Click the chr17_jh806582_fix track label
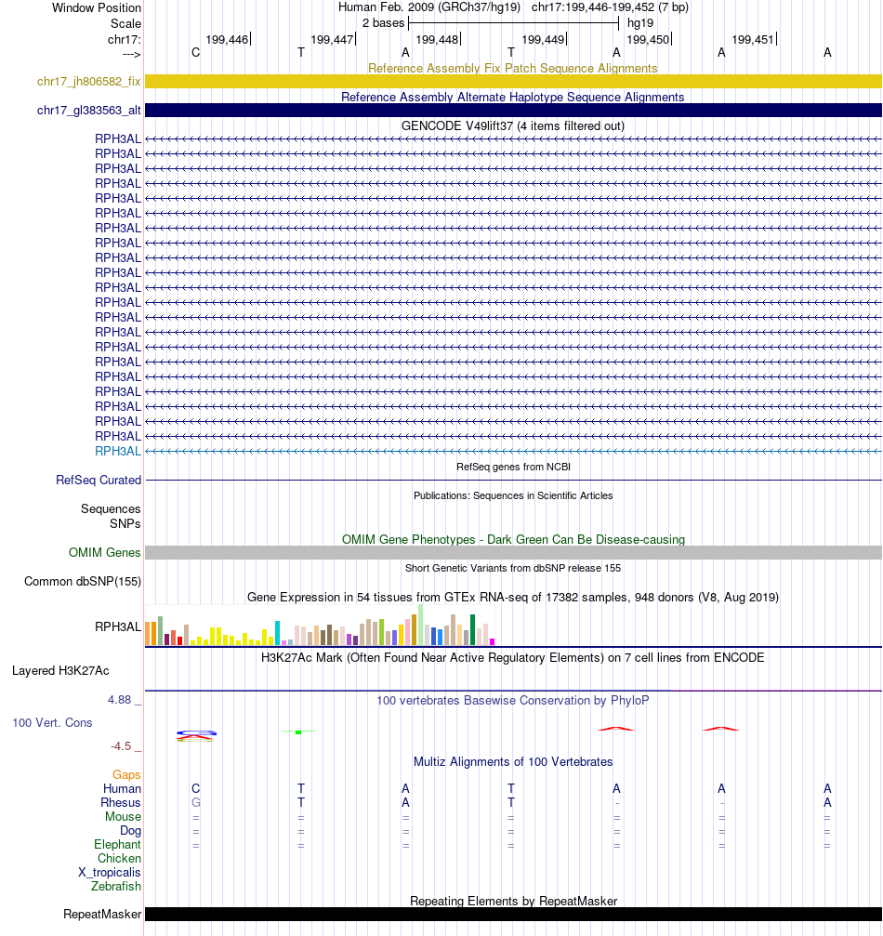89,82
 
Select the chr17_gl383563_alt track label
89,111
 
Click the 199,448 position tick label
437,39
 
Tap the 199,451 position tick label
753,39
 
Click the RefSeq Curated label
99,481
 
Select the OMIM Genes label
105,553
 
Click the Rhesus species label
121,803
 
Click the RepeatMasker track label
102,915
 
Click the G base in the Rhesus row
195,803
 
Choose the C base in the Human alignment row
195,789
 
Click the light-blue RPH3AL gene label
118,451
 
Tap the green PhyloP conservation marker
297,732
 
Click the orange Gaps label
126,775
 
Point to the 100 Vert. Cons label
52,722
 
